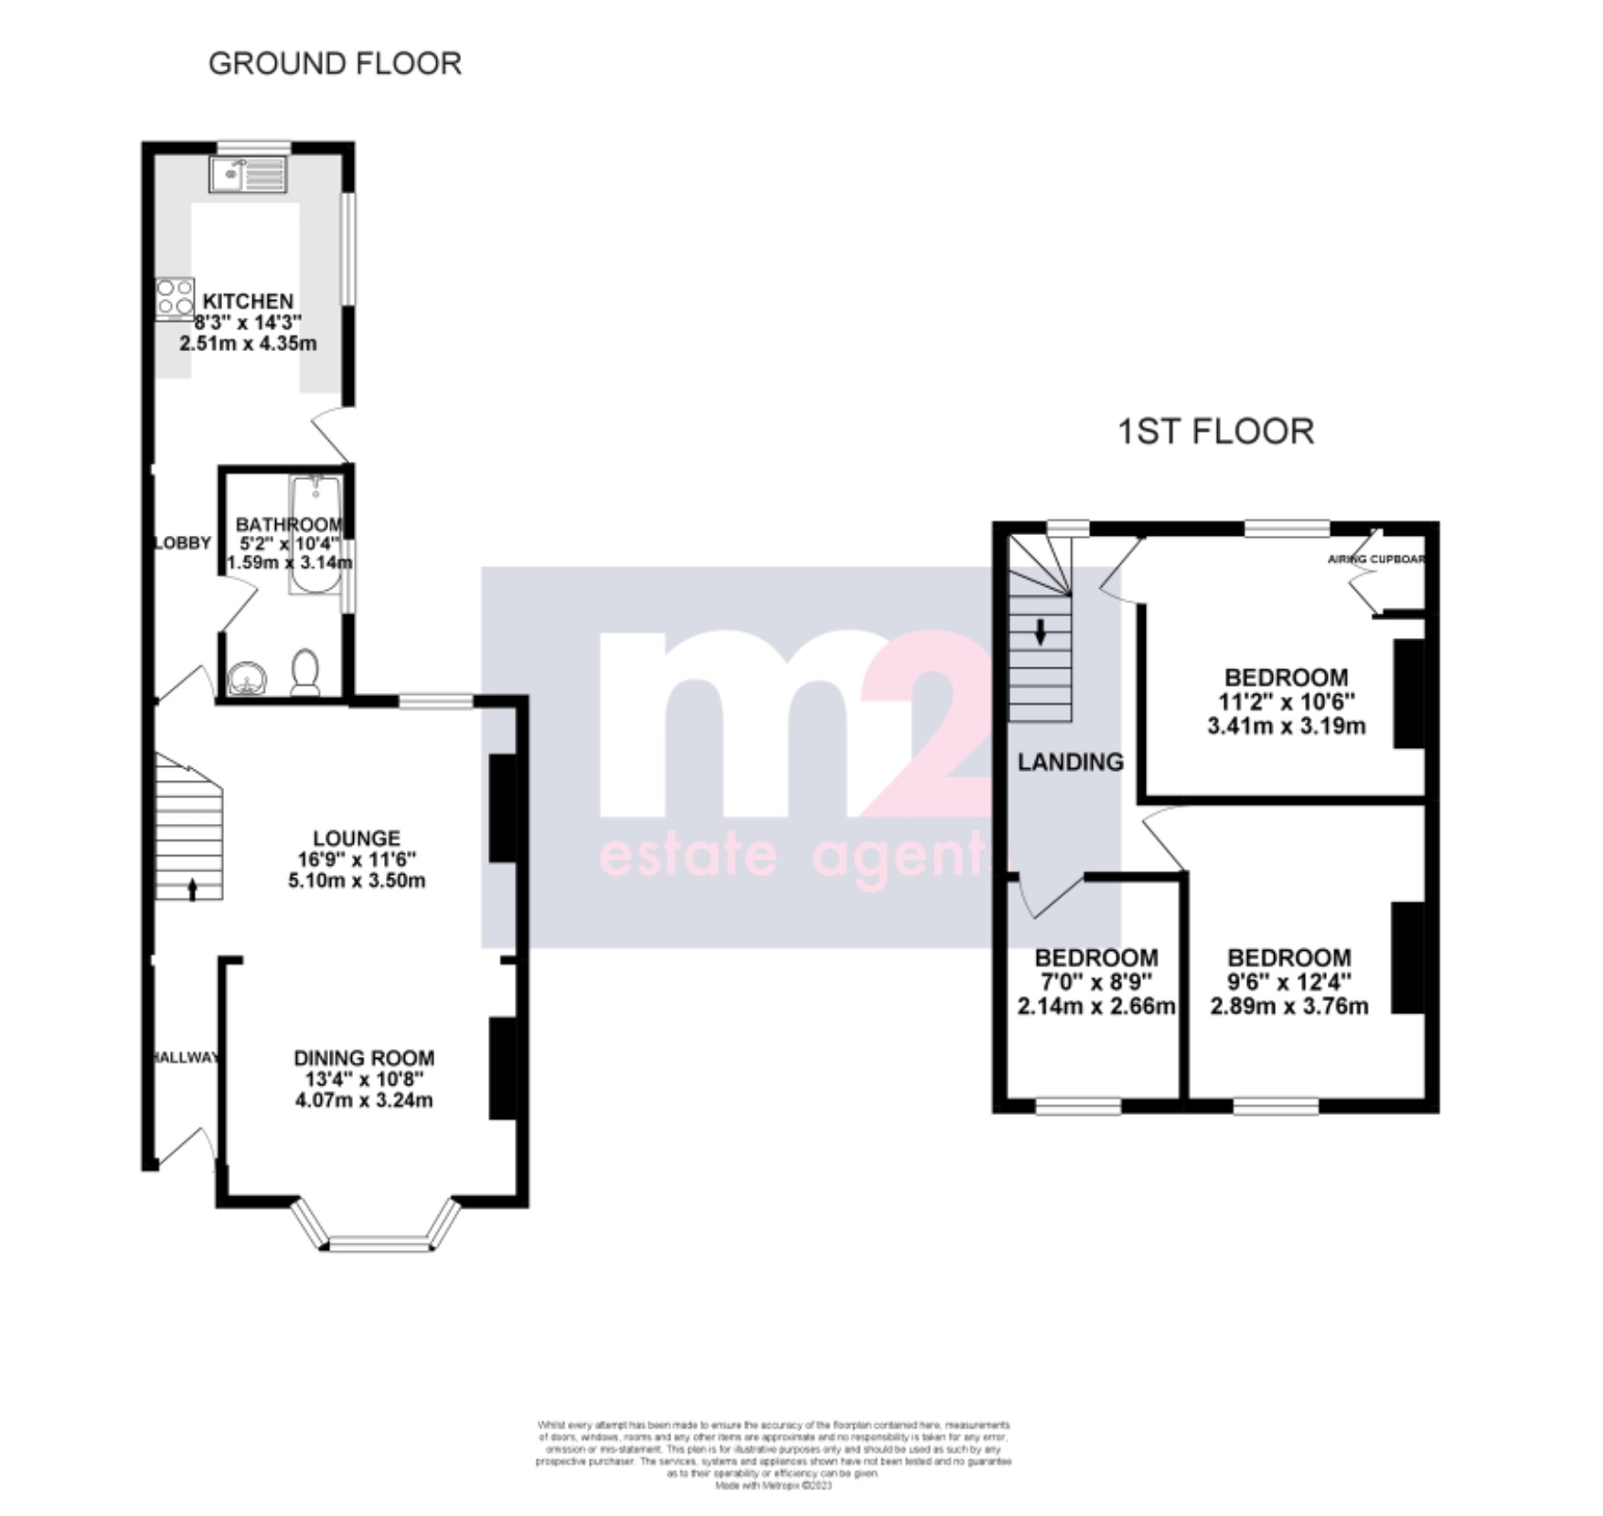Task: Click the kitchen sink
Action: [247, 174]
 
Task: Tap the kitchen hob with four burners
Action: [175, 296]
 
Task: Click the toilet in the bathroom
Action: [305, 672]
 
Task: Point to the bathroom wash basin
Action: [247, 678]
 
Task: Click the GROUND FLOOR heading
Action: [335, 63]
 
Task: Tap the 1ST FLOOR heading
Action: [1215, 431]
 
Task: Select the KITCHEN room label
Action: [248, 301]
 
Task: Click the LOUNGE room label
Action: [357, 838]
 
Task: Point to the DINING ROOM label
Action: [364, 1058]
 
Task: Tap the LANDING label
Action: [1071, 762]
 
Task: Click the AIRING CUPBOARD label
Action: [1376, 559]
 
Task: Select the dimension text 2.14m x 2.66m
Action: [1095, 1007]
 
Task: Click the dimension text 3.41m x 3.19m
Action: [1287, 727]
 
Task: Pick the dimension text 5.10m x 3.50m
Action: [357, 881]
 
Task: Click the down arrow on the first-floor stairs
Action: [1040, 632]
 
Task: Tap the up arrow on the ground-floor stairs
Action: [192, 889]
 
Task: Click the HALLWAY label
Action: [186, 1058]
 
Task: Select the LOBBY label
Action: [182, 542]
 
